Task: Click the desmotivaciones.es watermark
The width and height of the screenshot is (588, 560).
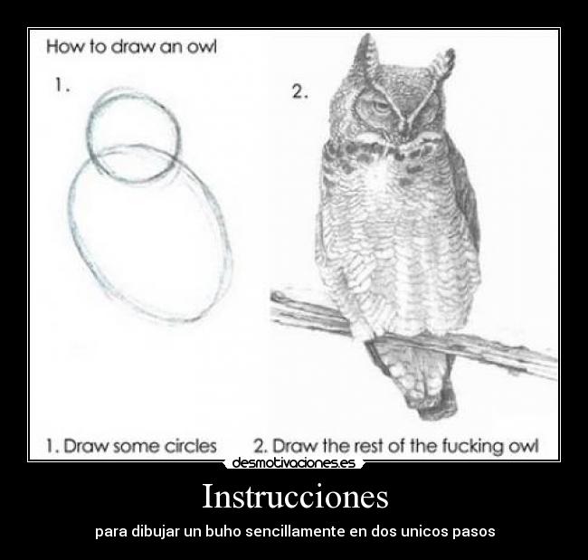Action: pos(293,463)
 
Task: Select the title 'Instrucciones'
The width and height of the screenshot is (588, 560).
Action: pos(294,497)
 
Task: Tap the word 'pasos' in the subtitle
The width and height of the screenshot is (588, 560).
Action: pos(474,531)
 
